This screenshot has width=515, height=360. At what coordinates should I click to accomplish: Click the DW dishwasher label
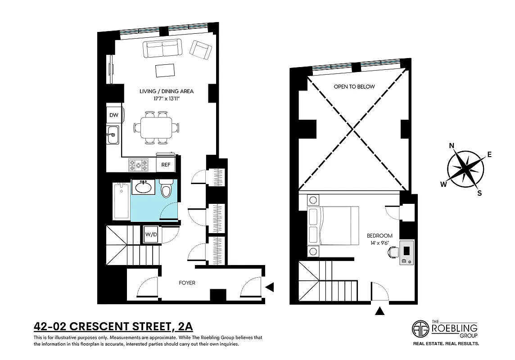click(x=114, y=115)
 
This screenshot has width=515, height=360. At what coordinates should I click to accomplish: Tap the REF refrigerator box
click(x=166, y=165)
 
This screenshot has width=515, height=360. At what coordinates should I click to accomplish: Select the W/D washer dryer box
click(x=150, y=234)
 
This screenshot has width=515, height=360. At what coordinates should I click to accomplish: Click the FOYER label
click(x=187, y=283)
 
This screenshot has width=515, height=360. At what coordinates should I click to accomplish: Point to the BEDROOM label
click(x=379, y=235)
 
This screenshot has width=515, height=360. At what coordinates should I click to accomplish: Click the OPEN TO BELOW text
click(x=354, y=86)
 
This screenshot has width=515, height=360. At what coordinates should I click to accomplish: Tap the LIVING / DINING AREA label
click(x=167, y=91)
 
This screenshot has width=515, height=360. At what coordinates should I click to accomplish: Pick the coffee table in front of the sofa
click(x=165, y=71)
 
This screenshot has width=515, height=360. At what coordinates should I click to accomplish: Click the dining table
click(x=156, y=128)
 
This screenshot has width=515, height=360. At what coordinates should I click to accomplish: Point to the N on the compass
click(x=452, y=145)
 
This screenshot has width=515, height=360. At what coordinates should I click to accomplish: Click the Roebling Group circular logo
click(x=421, y=329)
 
